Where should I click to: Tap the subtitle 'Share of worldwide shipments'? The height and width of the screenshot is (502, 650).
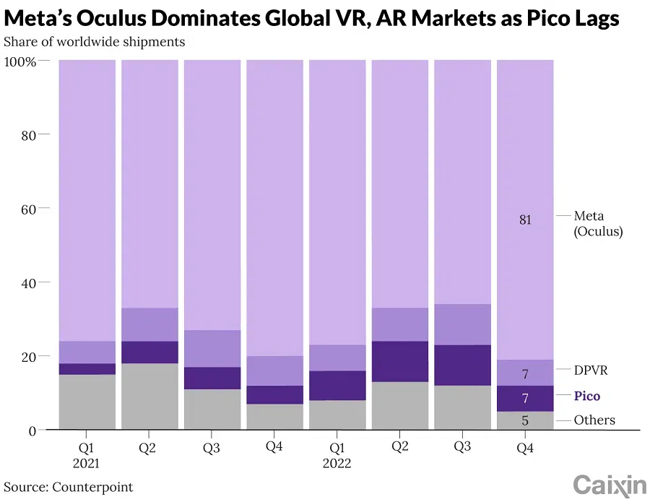94,41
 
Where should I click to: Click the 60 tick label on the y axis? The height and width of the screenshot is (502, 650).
27,209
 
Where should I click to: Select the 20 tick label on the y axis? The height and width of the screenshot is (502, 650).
27,356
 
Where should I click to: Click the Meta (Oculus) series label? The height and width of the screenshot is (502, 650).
598,223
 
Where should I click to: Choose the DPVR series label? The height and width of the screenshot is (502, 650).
590,370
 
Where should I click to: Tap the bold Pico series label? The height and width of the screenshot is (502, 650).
586,396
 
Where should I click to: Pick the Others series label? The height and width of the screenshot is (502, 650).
594,420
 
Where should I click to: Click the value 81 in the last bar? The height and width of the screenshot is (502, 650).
525,220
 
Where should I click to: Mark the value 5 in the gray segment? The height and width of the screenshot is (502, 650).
525,420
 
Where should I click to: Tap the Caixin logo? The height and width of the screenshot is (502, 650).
610,485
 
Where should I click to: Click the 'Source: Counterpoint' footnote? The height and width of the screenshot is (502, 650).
69,487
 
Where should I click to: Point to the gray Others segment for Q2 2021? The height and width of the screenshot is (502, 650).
149,397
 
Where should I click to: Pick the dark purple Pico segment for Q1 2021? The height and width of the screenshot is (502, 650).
87,369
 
